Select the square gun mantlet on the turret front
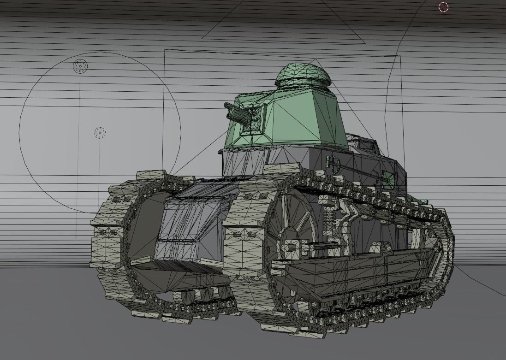coord(253,119)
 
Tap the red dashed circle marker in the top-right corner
coord(443,6)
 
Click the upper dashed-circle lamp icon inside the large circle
coord(80,66)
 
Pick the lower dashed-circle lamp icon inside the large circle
coord(100,133)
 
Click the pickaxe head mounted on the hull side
coord(333,162)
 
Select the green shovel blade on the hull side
coord(387,179)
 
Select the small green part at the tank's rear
coord(422,201)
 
